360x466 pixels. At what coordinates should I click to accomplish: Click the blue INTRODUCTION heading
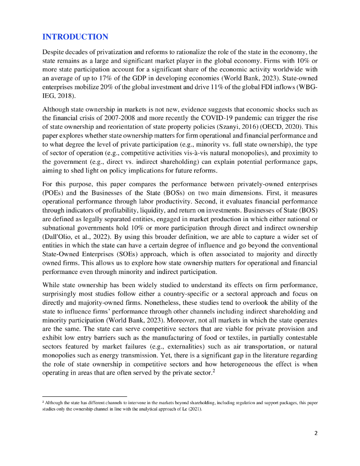click(x=75, y=37)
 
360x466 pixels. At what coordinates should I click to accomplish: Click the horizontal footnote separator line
click(x=84, y=396)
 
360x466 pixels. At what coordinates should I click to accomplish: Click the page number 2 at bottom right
click(x=316, y=433)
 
